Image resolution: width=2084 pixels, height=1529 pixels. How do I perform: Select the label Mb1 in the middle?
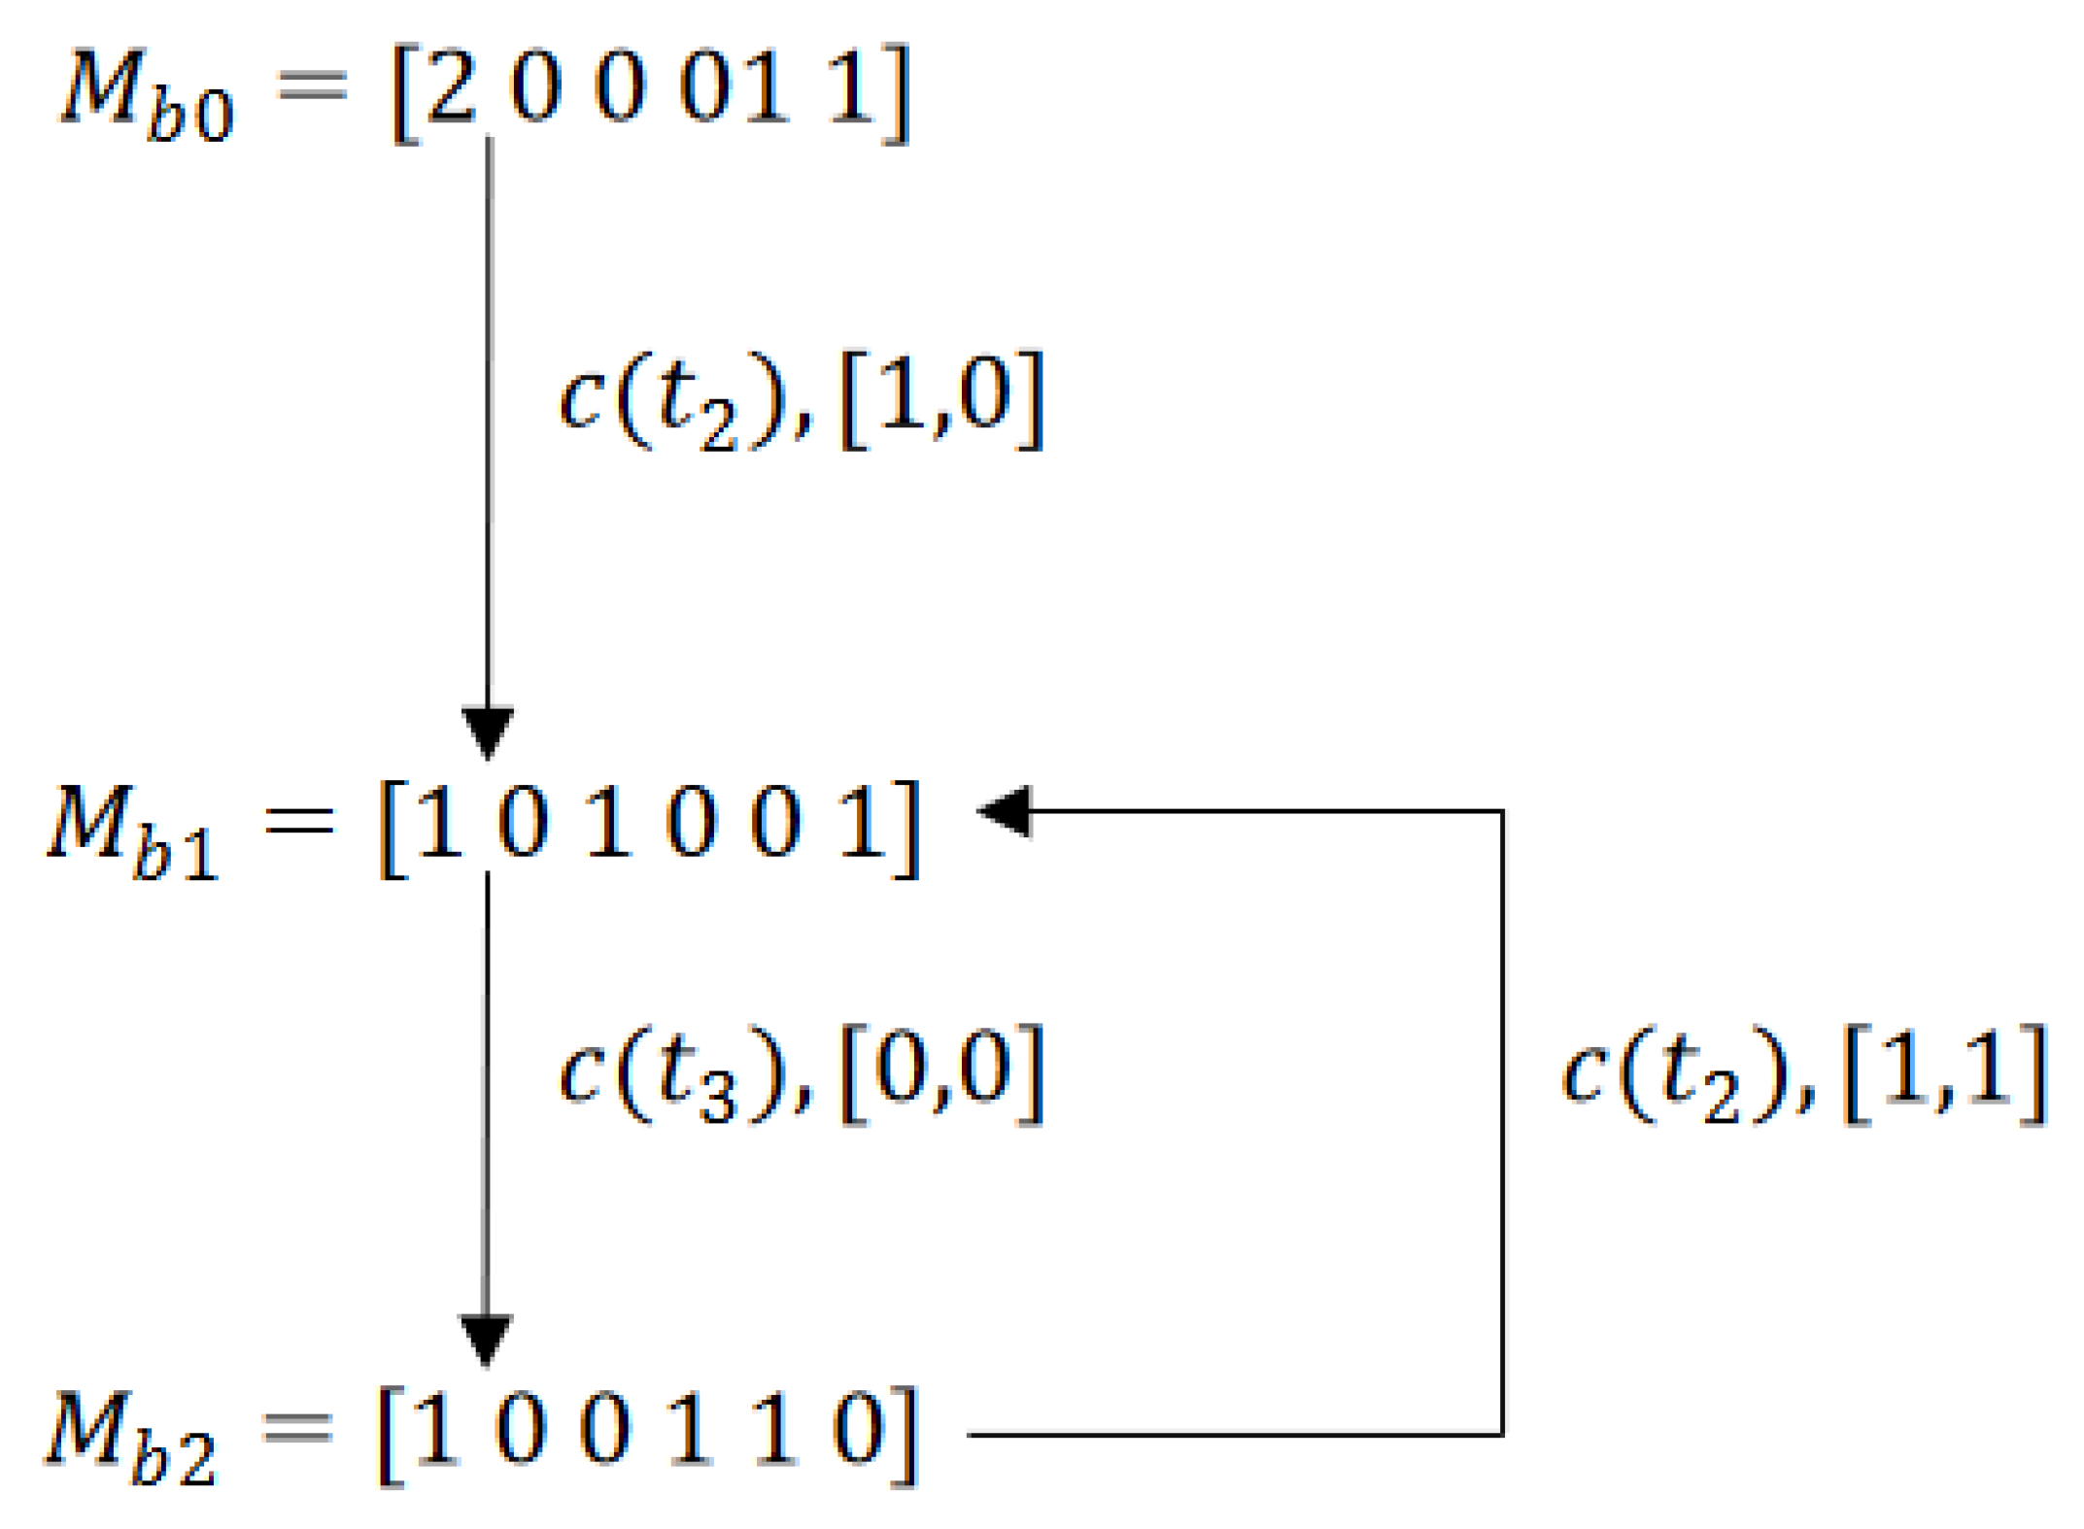click(134, 832)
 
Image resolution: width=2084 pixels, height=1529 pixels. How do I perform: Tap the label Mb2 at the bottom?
click(131, 1438)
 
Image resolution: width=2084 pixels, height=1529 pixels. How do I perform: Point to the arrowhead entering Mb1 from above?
click(488, 731)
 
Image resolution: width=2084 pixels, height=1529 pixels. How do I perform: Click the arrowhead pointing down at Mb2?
click(486, 1338)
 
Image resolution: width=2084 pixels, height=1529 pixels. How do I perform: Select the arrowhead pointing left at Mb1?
click(1007, 810)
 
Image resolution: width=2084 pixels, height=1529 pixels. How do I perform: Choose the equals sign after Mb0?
click(311, 85)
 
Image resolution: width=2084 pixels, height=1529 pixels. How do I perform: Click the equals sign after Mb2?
click(297, 1428)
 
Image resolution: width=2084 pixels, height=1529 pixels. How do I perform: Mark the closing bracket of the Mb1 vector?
click(906, 829)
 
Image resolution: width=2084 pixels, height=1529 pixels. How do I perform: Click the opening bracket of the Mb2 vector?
click(391, 1437)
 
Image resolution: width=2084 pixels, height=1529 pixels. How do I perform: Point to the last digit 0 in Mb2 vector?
click(860, 1428)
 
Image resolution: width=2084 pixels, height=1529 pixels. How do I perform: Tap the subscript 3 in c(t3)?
click(718, 1102)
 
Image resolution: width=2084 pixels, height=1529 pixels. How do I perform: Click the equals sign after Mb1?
click(299, 821)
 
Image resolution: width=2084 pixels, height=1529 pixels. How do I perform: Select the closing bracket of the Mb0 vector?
click(896, 94)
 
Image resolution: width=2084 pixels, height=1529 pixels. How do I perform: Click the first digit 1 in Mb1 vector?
click(439, 821)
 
